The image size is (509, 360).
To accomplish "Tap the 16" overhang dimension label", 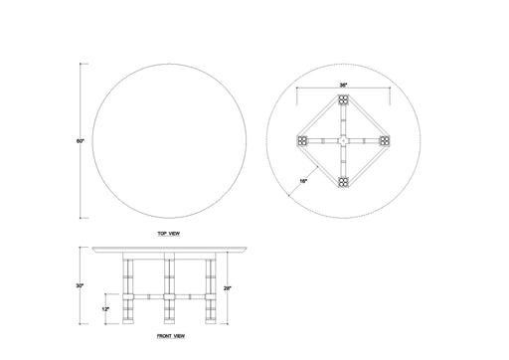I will coord(302,180).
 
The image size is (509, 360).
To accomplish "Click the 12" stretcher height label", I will coord(106,308).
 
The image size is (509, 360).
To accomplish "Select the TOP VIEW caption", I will coord(167,233).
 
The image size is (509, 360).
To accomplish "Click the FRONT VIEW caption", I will coord(171,337).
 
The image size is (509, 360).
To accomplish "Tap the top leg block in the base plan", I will coord(342,100).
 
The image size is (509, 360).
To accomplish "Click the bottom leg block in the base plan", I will coord(342,182).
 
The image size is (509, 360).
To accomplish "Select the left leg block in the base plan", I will coord(301,141).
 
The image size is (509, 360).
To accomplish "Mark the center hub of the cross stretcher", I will coord(342,141).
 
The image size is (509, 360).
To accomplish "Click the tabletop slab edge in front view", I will coord(168,249).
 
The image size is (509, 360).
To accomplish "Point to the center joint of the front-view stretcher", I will coord(168,297).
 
